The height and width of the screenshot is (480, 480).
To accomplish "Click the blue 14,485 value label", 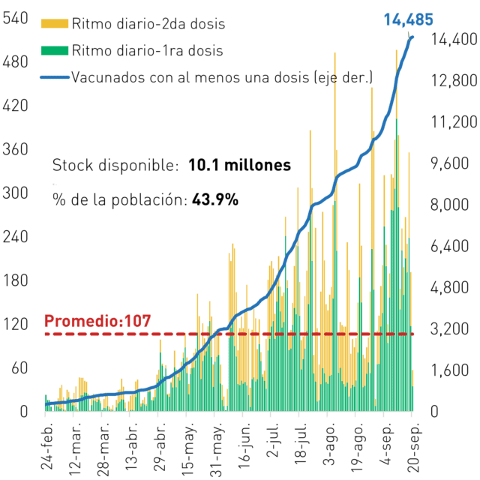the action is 408,19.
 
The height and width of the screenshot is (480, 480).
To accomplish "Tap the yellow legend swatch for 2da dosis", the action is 55,23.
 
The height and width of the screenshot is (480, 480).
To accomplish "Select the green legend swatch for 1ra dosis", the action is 55,50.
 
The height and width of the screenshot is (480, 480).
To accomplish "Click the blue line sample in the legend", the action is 55,77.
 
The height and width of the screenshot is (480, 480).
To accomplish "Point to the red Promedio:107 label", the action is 97,321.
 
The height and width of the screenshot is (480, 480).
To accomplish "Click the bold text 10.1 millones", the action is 240,165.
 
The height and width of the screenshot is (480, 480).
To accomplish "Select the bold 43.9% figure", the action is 215,199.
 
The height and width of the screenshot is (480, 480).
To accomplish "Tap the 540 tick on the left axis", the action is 15,18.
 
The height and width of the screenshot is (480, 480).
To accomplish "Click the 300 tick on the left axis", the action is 15,193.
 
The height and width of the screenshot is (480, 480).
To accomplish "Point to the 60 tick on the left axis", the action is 19,368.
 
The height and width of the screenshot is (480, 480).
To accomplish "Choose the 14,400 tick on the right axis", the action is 454,40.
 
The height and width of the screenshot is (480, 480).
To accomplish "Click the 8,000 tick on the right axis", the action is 449,205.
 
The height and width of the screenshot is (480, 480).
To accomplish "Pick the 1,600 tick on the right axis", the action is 449,370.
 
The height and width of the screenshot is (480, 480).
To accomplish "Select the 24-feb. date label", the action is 46,446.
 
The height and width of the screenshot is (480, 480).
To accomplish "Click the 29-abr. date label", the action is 160,447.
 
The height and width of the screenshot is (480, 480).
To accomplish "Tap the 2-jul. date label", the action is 272,440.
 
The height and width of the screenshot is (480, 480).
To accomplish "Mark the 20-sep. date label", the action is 413,448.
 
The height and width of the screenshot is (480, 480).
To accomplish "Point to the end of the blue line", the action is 412,37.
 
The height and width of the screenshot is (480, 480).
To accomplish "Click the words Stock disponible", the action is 115,165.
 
